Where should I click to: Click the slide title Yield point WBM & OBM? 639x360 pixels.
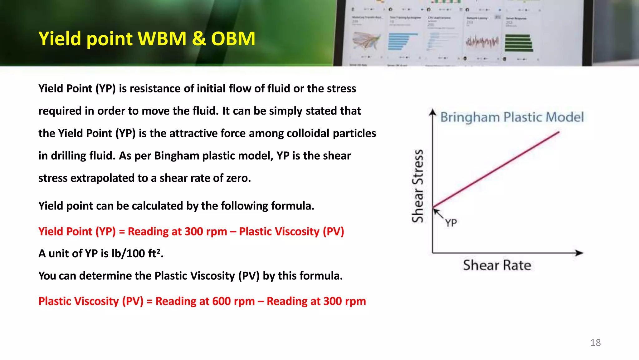(147, 39)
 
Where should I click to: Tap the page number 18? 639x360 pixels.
(595, 343)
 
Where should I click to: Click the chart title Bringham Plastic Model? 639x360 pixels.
(512, 117)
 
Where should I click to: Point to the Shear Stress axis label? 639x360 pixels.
(418, 186)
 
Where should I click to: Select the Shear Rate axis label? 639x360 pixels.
(497, 265)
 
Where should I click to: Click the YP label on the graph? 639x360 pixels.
(451, 223)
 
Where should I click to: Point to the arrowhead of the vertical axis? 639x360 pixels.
(432, 112)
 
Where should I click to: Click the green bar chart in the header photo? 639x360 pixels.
(519, 43)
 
